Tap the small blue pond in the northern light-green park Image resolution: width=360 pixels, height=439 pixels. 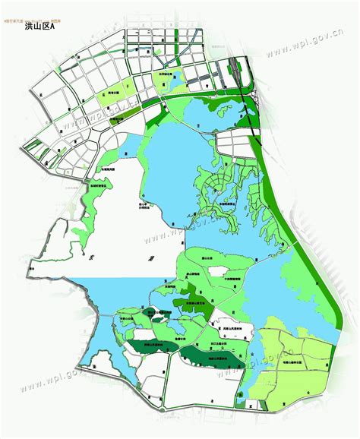coord(174,77)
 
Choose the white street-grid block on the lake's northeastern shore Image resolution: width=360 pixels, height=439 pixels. coord(235,144)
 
